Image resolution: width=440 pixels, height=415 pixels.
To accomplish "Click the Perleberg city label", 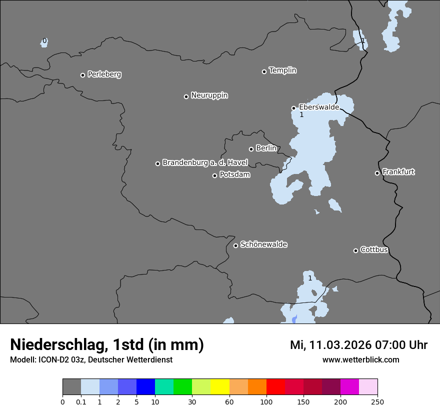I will (104, 74).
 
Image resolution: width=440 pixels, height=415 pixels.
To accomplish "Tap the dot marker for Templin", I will (264, 71).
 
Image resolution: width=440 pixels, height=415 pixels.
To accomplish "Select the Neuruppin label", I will (209, 95).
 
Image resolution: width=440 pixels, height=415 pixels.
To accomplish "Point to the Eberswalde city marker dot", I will (293, 108).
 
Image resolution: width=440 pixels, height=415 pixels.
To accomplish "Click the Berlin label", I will (266, 148).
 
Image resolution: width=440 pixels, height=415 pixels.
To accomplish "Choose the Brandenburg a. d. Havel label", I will (205, 163).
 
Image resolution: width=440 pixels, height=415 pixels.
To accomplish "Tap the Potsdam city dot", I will (214, 175).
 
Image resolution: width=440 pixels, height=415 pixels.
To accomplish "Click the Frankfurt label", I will (398, 172).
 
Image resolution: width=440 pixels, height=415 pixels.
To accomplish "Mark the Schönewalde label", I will (263, 244).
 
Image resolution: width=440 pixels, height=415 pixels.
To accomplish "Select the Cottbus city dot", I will (355, 250).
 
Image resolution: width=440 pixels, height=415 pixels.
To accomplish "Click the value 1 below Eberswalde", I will (301, 115).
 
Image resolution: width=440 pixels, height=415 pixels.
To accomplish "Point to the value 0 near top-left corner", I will (44, 40).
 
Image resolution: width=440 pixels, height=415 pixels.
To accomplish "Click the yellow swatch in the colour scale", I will (220, 387).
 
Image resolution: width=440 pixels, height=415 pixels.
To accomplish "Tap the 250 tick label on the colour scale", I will (377, 401).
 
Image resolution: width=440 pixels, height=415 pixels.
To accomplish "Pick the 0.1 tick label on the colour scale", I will (81, 401).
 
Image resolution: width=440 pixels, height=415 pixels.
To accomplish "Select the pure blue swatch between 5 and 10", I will (145, 387).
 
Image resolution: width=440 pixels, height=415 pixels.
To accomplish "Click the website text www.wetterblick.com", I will (360, 359).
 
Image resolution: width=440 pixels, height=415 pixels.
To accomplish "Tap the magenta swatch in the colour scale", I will (349, 387).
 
